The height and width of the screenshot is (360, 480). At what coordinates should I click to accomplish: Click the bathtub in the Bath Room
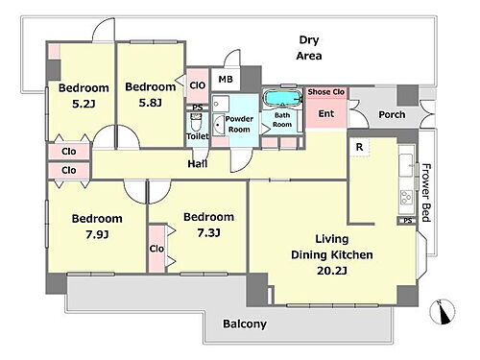coord(282,97)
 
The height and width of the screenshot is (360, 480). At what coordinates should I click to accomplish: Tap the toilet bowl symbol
coord(195,123)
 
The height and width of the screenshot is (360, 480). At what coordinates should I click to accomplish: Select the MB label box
coord(226,79)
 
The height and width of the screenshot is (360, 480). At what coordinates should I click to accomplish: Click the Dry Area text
coord(309,48)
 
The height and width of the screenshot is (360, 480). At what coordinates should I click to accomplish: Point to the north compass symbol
coord(443,311)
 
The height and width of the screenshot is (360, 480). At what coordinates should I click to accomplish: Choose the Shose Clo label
coord(326,92)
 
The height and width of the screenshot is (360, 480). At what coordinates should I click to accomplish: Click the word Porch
coord(392,114)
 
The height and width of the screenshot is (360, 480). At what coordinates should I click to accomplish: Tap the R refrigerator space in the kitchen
coord(359,147)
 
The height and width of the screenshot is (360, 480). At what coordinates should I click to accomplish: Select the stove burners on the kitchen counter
coord(406,197)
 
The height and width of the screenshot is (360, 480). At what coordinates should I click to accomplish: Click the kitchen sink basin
coord(406,165)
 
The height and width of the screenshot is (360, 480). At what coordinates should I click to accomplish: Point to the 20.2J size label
coord(332,271)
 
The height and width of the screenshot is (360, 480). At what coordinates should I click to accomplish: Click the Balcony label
coord(245,324)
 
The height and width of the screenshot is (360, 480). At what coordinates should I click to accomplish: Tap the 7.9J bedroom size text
coord(97,234)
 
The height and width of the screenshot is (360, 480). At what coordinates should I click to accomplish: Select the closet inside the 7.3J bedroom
coord(156,249)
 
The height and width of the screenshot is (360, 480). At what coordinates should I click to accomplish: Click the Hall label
coord(198,164)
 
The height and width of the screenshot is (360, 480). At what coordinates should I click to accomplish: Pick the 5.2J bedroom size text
coord(84,104)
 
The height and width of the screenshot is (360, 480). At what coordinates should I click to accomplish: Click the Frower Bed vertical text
coord(426,193)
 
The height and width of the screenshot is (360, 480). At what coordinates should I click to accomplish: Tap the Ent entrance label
coord(326,113)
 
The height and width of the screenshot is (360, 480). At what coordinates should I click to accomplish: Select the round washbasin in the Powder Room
coord(219,125)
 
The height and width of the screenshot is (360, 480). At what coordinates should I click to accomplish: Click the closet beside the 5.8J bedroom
coord(198,85)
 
